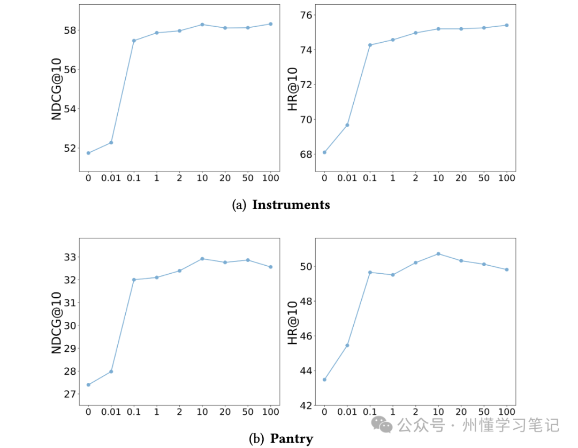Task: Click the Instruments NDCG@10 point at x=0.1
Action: tap(134, 41)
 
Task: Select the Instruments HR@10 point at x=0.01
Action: tap(347, 125)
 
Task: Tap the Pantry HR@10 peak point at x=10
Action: tap(438, 253)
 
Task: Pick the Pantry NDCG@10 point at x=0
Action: tap(88, 385)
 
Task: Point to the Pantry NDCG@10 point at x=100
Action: tap(271, 267)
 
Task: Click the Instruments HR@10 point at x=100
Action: tap(507, 25)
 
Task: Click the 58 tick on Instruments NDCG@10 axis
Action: tap(70, 30)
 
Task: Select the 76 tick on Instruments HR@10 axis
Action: tap(306, 15)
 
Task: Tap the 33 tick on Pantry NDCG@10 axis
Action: tap(70, 257)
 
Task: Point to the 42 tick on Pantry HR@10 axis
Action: tap(306, 405)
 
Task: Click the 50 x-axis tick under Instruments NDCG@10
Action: tap(248, 178)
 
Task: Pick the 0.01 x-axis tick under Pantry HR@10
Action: tap(347, 412)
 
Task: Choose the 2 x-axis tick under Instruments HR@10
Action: tap(415, 178)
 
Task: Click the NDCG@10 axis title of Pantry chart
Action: tap(56, 322)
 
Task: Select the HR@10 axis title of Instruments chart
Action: tap(292, 89)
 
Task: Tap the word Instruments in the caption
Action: tap(291, 205)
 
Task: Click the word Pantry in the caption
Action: tap(292, 438)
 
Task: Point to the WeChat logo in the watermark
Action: tap(382, 425)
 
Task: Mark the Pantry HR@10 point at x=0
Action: tap(324, 380)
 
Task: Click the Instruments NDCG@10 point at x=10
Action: tap(202, 24)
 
